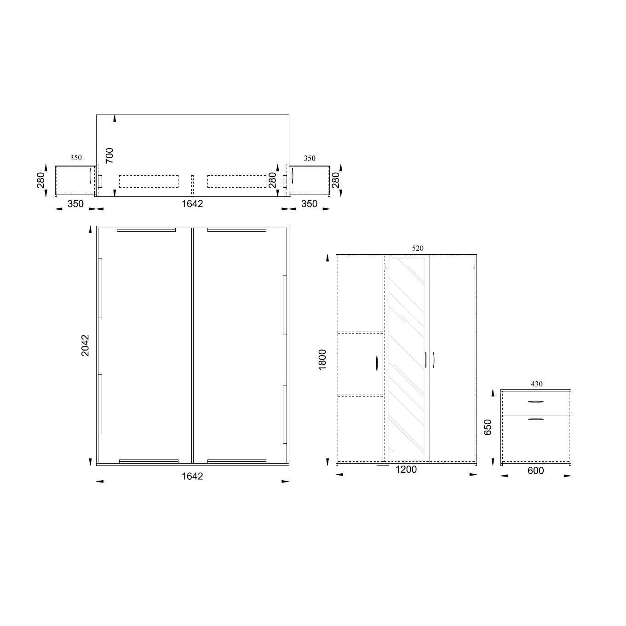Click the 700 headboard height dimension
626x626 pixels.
pos(109,155)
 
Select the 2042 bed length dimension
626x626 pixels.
pos(86,345)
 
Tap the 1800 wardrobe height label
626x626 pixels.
pos(322,359)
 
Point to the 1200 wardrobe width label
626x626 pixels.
pos(406,469)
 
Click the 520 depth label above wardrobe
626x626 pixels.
pos(418,248)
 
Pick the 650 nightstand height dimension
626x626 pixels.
pos(488,427)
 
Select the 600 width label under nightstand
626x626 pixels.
pos(536,471)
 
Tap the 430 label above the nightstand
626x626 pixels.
pos(537,384)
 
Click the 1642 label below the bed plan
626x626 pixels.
pos(192,476)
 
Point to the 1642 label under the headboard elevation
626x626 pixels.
pos(192,203)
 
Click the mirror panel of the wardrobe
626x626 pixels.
pos(406,359)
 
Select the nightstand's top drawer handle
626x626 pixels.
pos(536,402)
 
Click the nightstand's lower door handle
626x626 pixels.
pos(536,419)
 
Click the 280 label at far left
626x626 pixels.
pos(41,180)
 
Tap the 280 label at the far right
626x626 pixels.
pos(336,180)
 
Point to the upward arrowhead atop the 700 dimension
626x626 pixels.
pos(115,119)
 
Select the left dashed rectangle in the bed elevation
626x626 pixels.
pos(149,181)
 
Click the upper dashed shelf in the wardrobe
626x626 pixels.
pos(360,332)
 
